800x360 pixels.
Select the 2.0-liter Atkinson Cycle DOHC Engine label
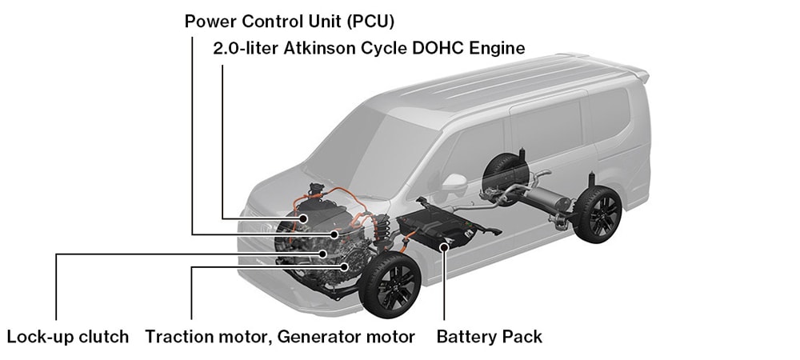369,48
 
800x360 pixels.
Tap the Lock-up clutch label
67,337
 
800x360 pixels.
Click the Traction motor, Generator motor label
280,337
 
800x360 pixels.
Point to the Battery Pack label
489,337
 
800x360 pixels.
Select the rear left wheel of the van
597,214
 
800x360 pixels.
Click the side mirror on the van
454,183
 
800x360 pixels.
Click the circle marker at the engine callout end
303,218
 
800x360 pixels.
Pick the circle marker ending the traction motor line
345,266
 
